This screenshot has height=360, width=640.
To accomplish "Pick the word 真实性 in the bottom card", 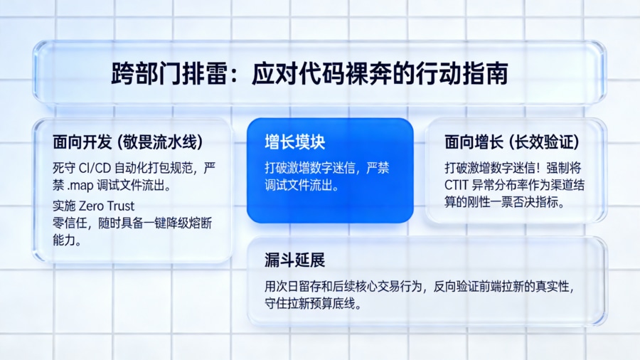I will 554,287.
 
